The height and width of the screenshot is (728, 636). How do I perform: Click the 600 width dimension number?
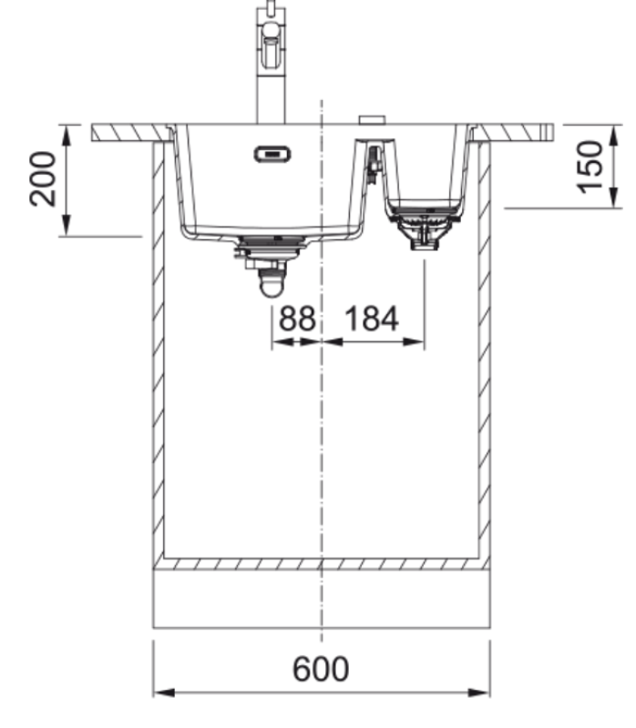coord(321,669)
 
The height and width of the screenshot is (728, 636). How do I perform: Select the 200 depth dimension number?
coord(42,178)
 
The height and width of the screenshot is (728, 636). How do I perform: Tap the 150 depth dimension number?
coord(590,167)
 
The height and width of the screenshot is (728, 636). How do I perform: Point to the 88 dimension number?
coord(297,318)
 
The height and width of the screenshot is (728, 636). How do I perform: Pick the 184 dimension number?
coord(372,318)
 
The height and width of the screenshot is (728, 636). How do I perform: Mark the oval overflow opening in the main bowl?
coord(272,154)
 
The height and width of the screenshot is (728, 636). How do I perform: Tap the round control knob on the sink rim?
coord(372,120)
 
